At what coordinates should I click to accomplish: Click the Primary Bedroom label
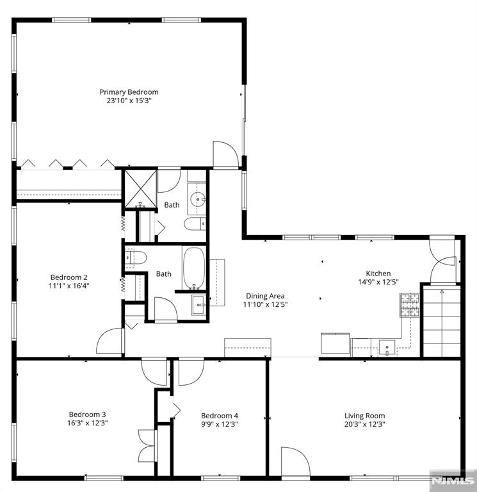tap(129, 92)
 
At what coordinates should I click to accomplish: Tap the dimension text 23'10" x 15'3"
tap(129, 101)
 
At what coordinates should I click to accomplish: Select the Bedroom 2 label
tap(69, 277)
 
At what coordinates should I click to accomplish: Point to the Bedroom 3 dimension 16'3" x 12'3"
tap(87, 423)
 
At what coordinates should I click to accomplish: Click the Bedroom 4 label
tap(220, 416)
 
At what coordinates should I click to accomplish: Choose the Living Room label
tap(365, 416)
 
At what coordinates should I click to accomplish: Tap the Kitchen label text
tap(378, 274)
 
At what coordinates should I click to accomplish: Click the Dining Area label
tap(265, 296)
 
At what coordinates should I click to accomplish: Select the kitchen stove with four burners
tap(410, 305)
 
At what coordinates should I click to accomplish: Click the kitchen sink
tap(387, 348)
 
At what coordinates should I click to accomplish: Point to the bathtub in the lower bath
tap(194, 268)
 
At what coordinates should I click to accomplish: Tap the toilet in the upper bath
tap(195, 224)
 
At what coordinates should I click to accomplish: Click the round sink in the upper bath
tap(198, 199)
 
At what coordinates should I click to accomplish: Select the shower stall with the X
tap(141, 189)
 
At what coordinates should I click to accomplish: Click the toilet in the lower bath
tap(136, 258)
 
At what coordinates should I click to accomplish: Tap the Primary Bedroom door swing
tap(226, 155)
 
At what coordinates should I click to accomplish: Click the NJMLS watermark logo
tap(453, 480)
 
